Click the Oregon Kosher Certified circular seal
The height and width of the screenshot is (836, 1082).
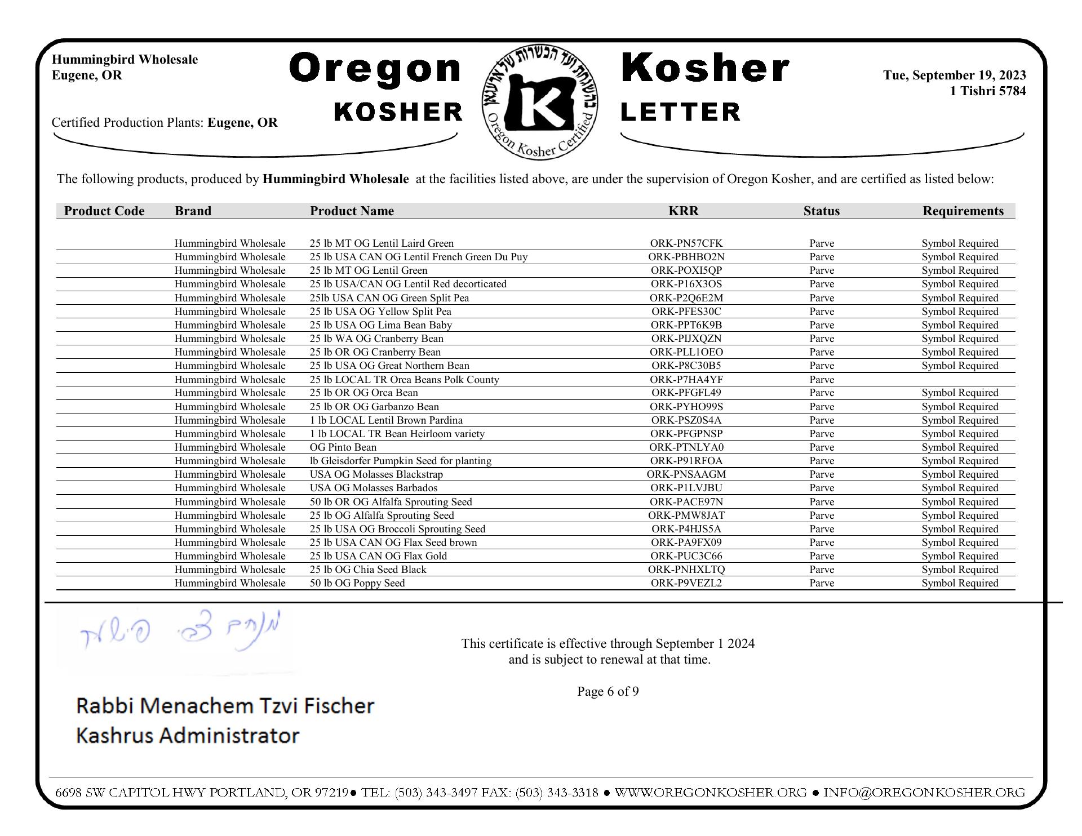(540, 102)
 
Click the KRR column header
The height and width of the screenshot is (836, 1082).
(683, 211)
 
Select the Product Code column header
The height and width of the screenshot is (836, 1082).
(104, 211)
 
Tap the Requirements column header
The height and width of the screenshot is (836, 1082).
(963, 211)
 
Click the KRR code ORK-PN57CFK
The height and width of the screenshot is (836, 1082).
(686, 243)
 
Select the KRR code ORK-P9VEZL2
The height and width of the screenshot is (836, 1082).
(686, 583)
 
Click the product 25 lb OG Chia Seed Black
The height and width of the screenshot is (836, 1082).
(368, 570)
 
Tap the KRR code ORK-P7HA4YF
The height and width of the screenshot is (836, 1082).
(686, 380)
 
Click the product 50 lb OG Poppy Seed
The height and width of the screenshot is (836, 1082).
(357, 583)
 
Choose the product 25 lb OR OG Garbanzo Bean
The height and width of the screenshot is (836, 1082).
(374, 407)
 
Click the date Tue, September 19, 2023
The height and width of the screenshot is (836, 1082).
(954, 75)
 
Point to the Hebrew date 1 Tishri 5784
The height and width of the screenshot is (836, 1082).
(987, 91)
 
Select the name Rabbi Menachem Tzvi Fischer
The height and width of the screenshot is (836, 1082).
(225, 705)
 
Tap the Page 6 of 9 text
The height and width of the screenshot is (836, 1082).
(607, 691)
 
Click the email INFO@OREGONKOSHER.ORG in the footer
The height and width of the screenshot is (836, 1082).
(924, 793)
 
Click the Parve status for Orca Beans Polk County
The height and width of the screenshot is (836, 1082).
(821, 380)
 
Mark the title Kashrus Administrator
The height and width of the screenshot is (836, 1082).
(187, 735)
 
